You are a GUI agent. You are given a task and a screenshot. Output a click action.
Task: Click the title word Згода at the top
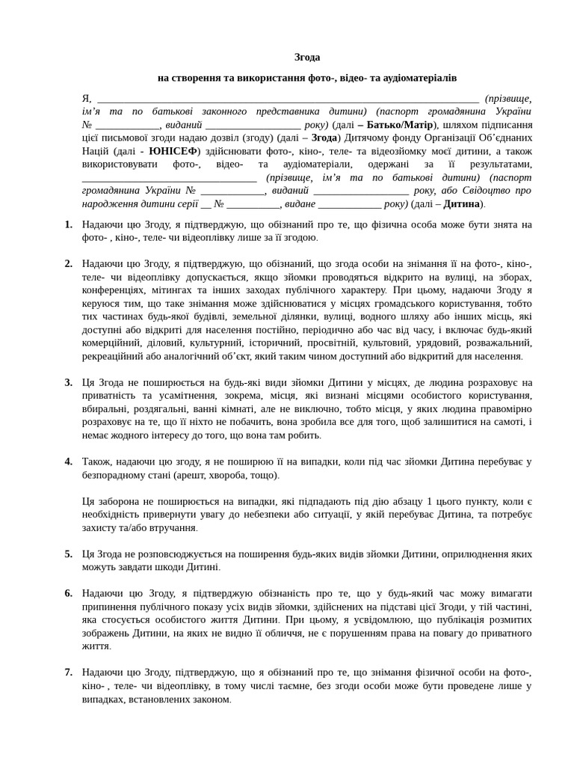tap(307, 57)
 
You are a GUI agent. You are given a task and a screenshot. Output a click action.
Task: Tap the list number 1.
tap(68, 224)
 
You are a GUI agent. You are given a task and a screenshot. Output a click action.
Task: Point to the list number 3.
tap(68, 382)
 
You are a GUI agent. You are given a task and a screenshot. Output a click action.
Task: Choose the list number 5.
tap(68, 554)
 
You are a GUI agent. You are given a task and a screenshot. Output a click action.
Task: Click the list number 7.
tap(68, 672)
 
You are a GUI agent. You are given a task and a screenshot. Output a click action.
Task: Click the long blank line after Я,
tap(288, 99)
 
